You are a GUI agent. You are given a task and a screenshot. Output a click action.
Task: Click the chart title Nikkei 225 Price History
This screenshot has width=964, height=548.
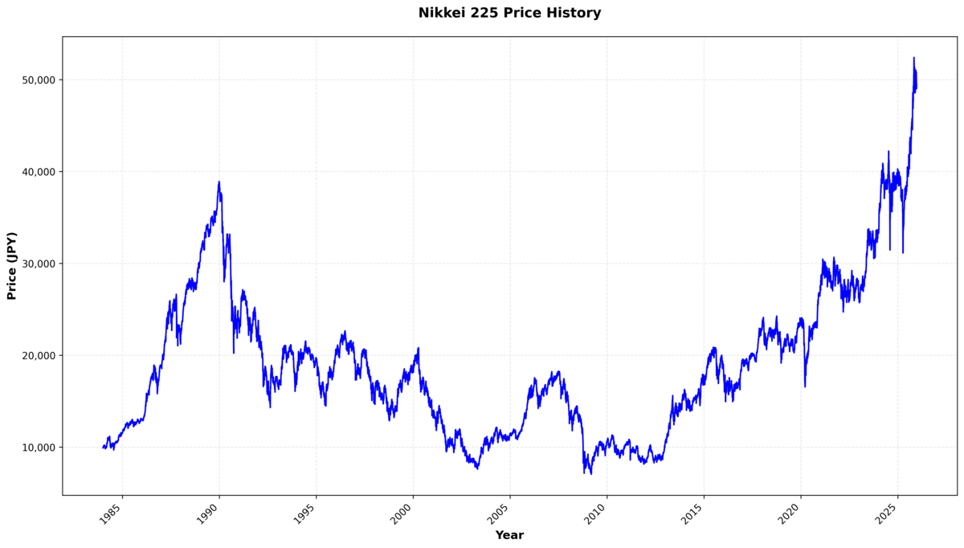[x=509, y=13]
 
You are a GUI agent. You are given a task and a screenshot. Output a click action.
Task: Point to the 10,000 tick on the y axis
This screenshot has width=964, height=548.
[x=36, y=448]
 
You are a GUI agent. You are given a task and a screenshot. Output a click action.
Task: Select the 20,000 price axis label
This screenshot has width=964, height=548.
[x=36, y=356]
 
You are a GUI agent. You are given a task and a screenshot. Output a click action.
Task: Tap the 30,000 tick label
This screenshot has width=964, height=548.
[x=36, y=264]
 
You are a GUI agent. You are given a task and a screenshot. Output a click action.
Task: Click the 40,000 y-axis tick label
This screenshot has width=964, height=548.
[x=36, y=172]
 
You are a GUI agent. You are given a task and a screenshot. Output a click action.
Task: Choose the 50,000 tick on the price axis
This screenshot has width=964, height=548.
[x=36, y=80]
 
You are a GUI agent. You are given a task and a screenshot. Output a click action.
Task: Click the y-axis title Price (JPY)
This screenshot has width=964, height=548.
[x=12, y=265]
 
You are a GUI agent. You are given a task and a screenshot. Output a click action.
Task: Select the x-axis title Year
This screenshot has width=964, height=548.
[x=509, y=535]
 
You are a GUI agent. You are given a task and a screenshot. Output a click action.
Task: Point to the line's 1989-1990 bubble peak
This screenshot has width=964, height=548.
[x=219, y=182]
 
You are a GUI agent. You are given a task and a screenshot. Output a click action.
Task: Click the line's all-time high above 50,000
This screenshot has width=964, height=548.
[x=913, y=58]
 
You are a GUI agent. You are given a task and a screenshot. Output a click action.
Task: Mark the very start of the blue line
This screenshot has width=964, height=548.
[x=103, y=447]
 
